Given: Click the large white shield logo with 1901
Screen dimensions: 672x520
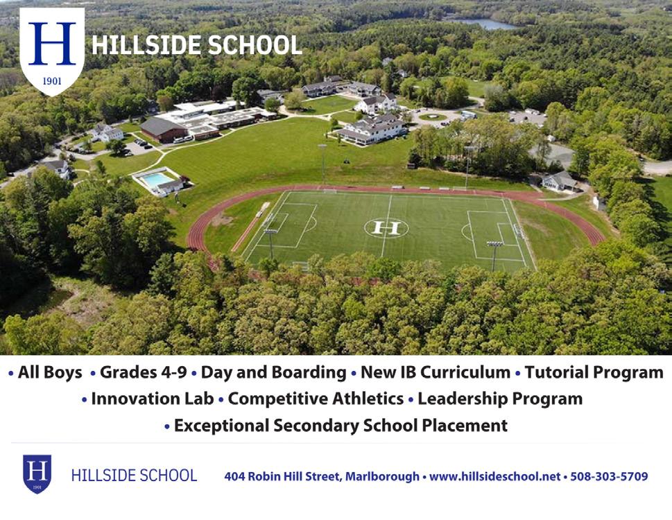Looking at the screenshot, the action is click(52, 51).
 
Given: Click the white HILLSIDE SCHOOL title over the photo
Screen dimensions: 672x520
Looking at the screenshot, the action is click(197, 45).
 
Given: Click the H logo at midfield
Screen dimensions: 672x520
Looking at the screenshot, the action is click(386, 228).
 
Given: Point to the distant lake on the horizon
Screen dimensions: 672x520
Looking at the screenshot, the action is click(482, 23).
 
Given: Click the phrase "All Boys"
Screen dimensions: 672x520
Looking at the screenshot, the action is click(50, 372).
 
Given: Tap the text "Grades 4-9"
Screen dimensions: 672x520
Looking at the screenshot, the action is click(143, 372).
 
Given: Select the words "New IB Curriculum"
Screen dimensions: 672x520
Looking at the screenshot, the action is click(436, 372).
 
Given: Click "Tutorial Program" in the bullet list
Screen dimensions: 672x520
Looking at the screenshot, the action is click(594, 372).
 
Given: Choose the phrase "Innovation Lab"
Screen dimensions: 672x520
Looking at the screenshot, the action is click(152, 399).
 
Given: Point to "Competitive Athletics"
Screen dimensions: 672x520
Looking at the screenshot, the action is click(316, 399).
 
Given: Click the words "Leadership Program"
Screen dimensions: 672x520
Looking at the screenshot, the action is click(500, 399).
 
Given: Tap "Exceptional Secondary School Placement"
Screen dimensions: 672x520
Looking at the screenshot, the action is click(341, 426).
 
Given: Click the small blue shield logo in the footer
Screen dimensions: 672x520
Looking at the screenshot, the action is click(37, 474).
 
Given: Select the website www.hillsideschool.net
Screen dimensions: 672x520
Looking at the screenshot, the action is click(495, 476).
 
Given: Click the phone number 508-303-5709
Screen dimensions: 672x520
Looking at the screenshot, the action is click(609, 476).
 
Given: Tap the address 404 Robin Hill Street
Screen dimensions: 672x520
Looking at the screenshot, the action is click(283, 476).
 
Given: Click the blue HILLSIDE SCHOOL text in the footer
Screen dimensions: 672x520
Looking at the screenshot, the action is click(134, 476).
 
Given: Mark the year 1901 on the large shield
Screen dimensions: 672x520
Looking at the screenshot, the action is click(52, 81).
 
